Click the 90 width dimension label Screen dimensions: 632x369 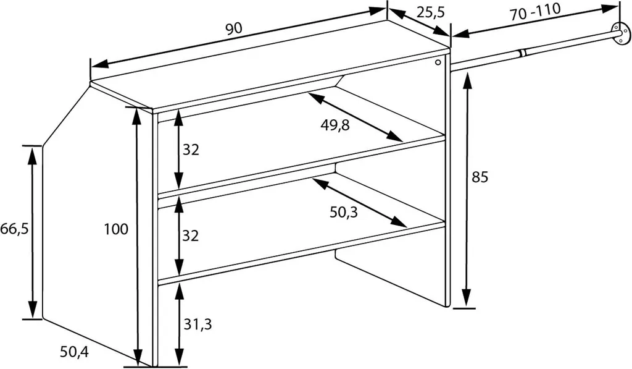(x=233, y=28)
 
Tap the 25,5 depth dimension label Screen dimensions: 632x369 (x=430, y=12)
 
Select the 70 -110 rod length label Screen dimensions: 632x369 (x=535, y=13)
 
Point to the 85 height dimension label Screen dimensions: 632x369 (x=480, y=177)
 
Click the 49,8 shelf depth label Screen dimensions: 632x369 (x=335, y=125)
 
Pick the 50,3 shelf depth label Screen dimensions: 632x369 (x=344, y=213)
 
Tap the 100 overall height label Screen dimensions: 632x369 (x=116, y=229)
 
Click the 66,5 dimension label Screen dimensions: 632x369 (x=14, y=229)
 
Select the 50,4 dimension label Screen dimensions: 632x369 (x=74, y=352)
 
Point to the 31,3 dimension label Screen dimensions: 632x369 (x=197, y=324)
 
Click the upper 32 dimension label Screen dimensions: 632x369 (x=191, y=150)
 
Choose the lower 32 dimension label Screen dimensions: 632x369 (x=191, y=235)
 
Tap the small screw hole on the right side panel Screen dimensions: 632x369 (x=438, y=62)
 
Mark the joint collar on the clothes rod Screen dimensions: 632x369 (x=522, y=53)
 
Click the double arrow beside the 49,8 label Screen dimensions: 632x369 (x=356, y=117)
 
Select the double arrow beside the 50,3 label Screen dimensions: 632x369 (x=359, y=203)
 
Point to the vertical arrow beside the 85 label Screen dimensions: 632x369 (x=467, y=189)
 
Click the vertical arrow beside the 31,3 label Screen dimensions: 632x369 (x=178, y=324)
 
